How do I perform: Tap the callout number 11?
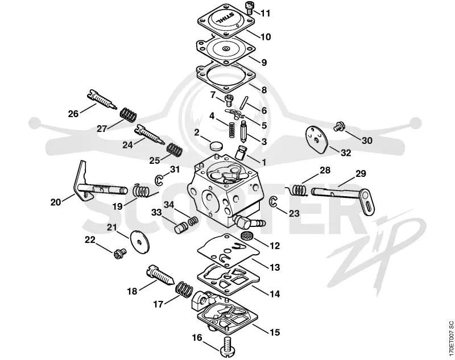click(265, 13)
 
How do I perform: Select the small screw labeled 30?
click(339, 126)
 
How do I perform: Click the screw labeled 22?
click(119, 253)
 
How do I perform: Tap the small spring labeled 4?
click(232, 129)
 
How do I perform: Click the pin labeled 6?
click(245, 102)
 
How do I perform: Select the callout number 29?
click(361, 173)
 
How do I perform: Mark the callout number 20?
click(56, 202)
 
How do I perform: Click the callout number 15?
click(275, 332)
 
